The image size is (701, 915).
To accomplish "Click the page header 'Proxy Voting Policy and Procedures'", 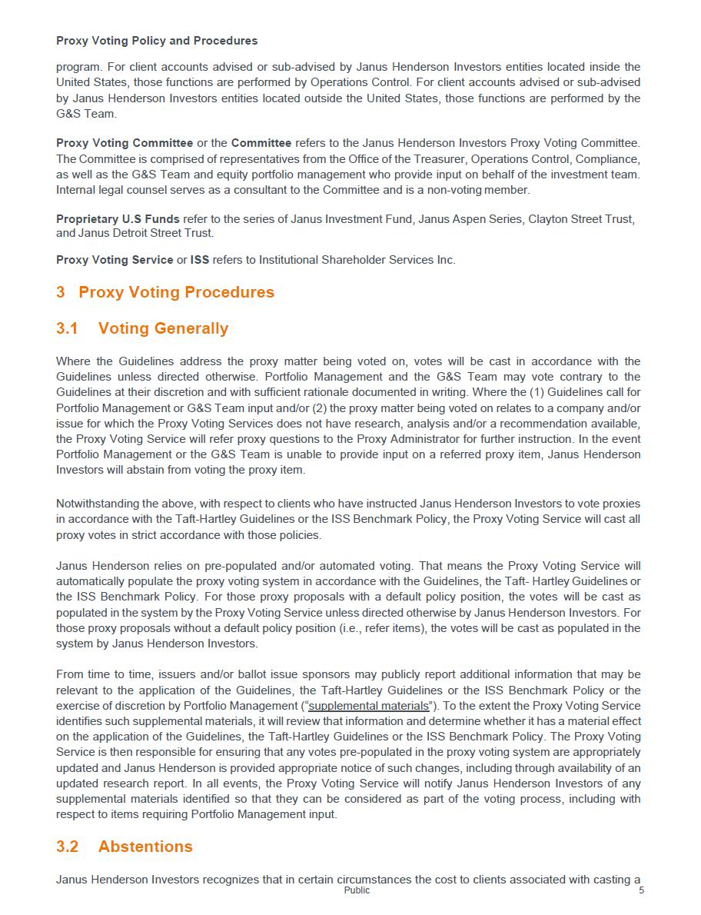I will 157,41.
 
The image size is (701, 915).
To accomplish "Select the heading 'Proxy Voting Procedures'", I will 176,292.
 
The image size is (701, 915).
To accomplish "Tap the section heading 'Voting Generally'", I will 163,328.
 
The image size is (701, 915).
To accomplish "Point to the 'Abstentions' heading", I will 145,847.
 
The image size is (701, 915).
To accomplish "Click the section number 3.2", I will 68,847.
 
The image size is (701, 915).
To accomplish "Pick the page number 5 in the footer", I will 641,890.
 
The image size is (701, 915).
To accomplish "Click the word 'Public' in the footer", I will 357,890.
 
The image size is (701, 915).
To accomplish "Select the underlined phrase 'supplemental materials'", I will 368,706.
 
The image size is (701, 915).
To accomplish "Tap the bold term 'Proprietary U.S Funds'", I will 118,219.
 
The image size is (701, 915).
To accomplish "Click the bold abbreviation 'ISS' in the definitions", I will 200,260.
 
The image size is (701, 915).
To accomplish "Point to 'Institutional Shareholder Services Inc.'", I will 357,260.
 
